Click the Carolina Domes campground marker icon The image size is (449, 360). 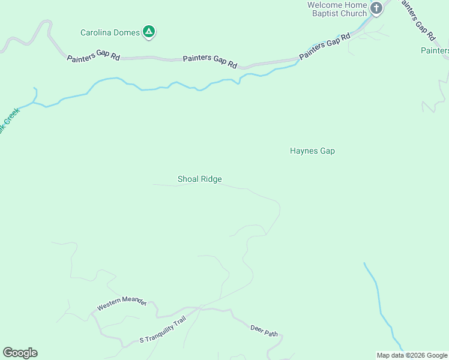pyautogui.click(x=149, y=32)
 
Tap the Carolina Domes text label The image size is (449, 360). pyautogui.click(x=110, y=32)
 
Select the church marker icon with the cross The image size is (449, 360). pyautogui.click(x=376, y=8)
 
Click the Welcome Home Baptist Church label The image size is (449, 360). pyautogui.click(x=336, y=9)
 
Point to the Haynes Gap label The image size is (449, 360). pyautogui.click(x=312, y=151)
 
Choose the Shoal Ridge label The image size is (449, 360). pyautogui.click(x=199, y=179)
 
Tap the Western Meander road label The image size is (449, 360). pyautogui.click(x=121, y=304)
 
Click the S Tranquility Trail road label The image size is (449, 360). pyautogui.click(x=163, y=331)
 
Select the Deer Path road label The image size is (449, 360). pyautogui.click(x=264, y=329)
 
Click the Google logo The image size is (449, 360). pyautogui.click(x=20, y=353)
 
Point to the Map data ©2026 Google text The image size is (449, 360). pyautogui.click(x=412, y=355)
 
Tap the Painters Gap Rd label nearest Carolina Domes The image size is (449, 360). pyautogui.click(x=94, y=58)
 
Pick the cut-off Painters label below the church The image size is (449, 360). pyautogui.click(x=435, y=50)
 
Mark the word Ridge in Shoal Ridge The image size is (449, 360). pyautogui.click(x=211, y=179)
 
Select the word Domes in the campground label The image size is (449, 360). pyautogui.click(x=127, y=32)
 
